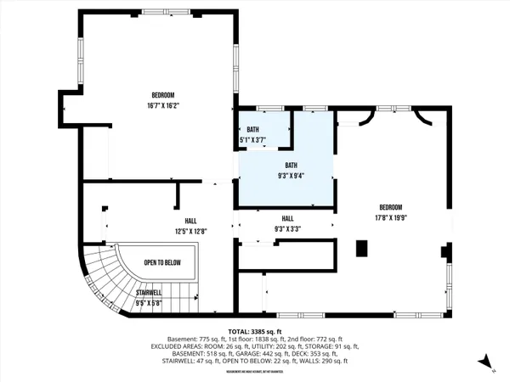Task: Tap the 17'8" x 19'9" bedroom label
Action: (390, 212)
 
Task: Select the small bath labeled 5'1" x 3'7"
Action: (252, 134)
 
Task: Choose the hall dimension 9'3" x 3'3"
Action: (286, 223)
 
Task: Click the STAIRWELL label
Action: (150, 297)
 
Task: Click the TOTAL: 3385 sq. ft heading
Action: (254, 331)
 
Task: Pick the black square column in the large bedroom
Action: (361, 248)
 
